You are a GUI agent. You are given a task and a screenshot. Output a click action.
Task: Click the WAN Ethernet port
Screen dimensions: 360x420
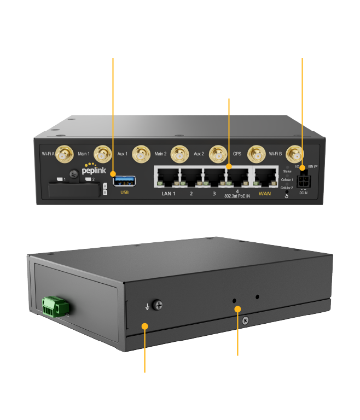[x=264, y=177]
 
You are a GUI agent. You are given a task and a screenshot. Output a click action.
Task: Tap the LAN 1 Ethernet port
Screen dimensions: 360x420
[x=167, y=177]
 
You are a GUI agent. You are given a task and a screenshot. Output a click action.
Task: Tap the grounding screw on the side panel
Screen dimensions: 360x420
[x=159, y=305]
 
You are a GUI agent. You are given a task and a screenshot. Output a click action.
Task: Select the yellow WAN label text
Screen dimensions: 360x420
[x=264, y=194]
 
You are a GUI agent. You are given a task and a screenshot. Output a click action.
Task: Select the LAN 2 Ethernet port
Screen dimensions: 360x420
[x=191, y=177]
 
